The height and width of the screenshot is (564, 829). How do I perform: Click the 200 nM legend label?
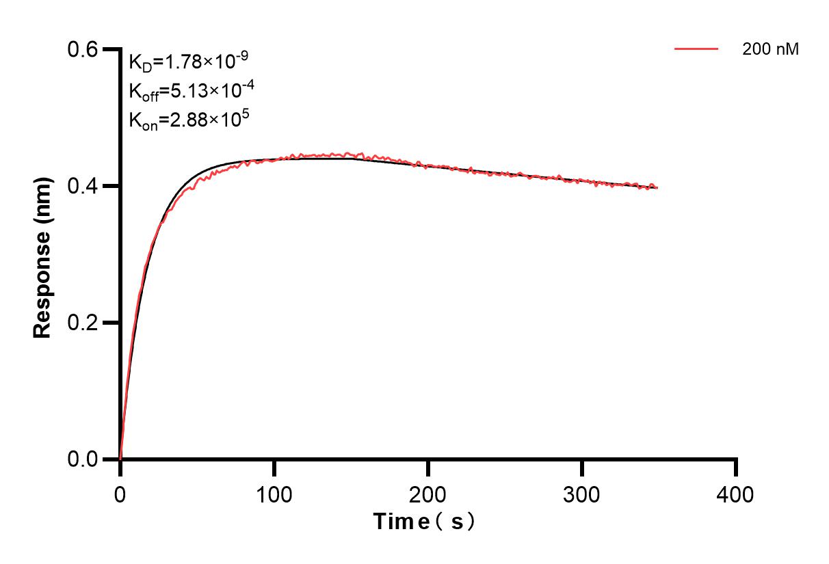tap(770, 49)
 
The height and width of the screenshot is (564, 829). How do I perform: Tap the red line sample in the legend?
tap(696, 49)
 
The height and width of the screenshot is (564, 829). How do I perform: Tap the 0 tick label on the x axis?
tap(120, 494)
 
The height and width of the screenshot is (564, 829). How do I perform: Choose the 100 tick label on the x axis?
tap(274, 494)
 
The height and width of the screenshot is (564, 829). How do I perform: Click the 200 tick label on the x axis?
tap(428, 494)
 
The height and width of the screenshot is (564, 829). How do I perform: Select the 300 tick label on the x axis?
tap(582, 494)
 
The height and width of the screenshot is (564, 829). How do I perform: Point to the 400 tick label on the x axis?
tap(736, 494)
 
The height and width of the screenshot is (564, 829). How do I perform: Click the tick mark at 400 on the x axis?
tap(736, 468)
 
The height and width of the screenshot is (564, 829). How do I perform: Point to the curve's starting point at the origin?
tap(120, 458)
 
